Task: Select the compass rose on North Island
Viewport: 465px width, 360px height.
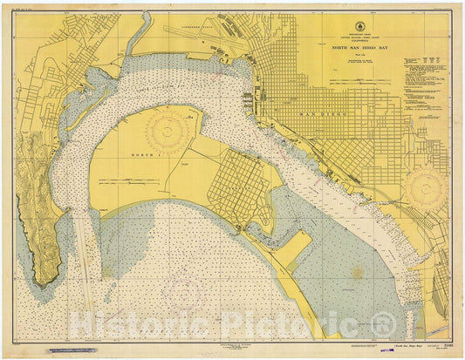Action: pyautogui.click(x=169, y=132)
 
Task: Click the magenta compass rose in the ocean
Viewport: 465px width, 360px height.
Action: pyautogui.click(x=186, y=289)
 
